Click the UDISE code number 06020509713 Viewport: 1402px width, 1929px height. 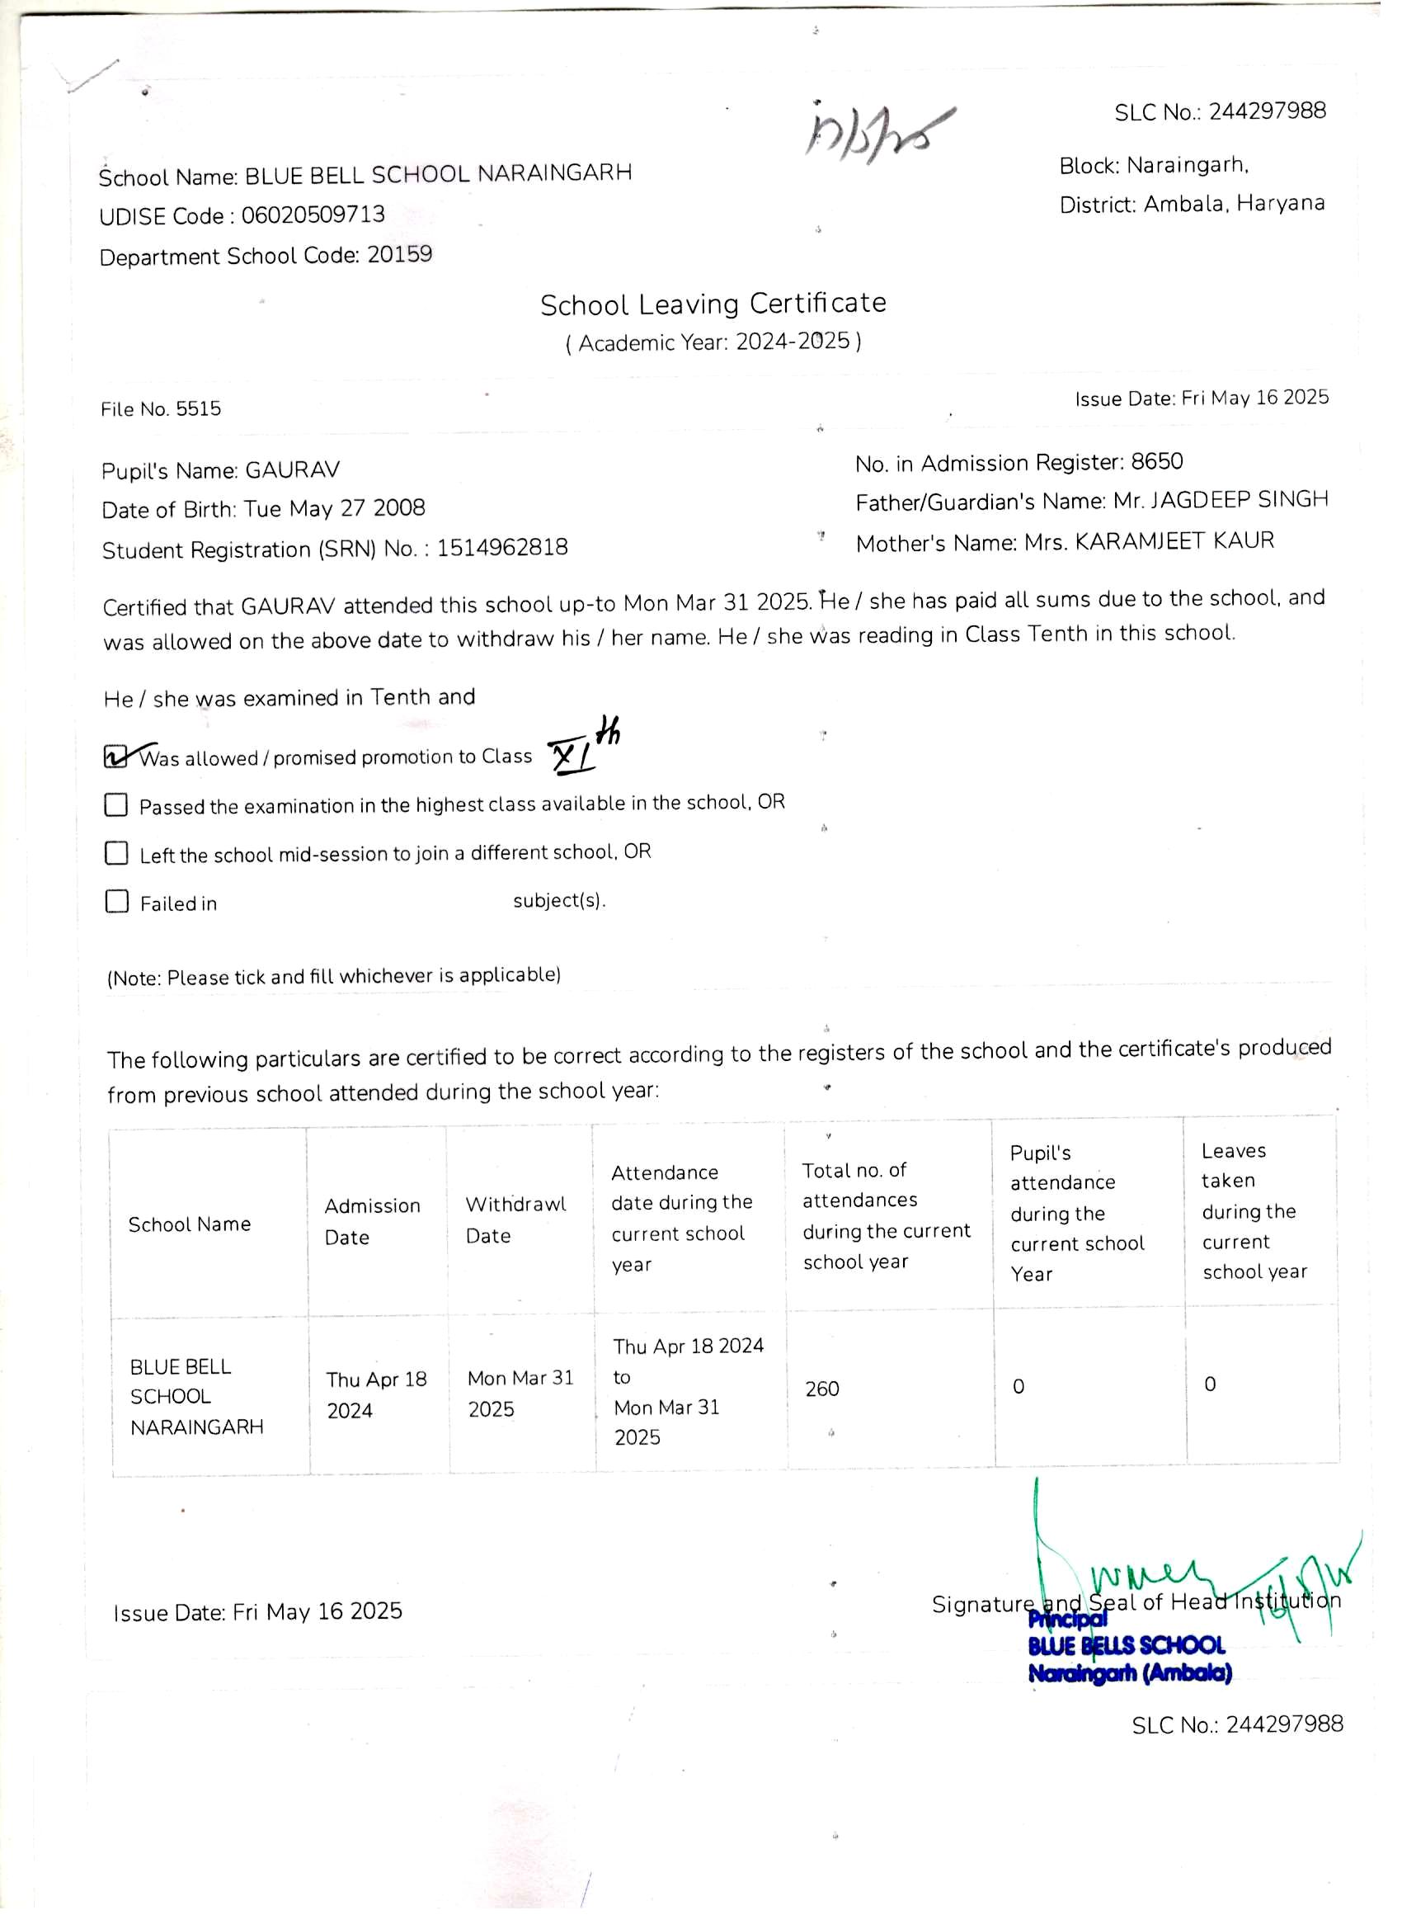(x=313, y=215)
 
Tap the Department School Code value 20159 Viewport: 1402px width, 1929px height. (x=400, y=254)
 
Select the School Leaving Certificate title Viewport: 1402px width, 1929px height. (x=713, y=304)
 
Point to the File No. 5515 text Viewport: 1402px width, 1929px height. (x=161, y=409)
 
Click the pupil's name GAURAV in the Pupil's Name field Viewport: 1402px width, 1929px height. (x=293, y=470)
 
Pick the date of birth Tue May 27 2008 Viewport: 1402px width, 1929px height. (x=334, y=508)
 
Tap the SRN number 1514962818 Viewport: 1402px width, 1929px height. (x=501, y=548)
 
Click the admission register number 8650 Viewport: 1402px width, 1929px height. (x=1156, y=462)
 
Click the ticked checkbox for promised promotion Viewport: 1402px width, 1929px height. (x=115, y=756)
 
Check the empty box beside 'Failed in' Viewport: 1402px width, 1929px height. (x=116, y=902)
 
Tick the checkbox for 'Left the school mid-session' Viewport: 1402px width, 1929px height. (x=116, y=853)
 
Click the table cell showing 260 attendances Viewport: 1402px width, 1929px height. (x=822, y=1389)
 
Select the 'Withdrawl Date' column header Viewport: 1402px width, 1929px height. (x=515, y=1219)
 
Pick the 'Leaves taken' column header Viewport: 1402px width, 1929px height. (x=1253, y=1210)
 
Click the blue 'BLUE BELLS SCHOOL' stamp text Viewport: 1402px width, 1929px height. (x=1126, y=1646)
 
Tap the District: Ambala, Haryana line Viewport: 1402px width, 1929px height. (x=1191, y=204)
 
